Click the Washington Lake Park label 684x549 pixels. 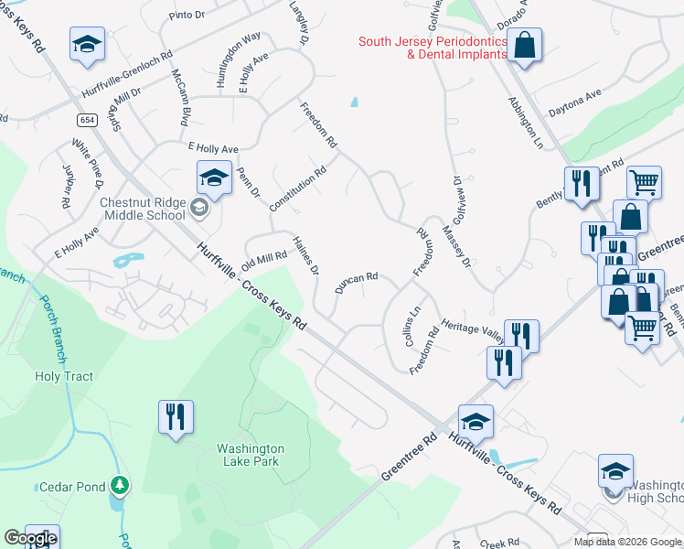tap(251, 455)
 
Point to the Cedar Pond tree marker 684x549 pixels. tap(118, 485)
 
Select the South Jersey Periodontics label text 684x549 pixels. tap(432, 48)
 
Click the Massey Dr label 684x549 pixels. tap(454, 248)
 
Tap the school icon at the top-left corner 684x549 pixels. tap(86, 44)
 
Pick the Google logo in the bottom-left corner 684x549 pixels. tap(29, 539)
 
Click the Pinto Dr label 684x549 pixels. tap(190, 16)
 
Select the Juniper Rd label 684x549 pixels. tap(66, 188)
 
